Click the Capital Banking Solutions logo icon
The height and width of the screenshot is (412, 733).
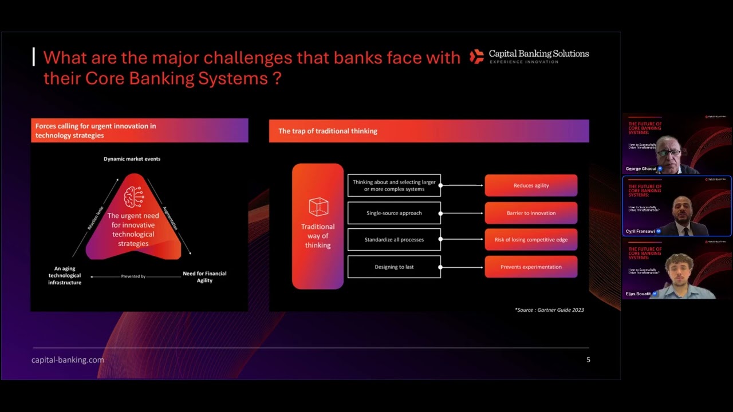(476, 56)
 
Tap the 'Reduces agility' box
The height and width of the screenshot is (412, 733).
(531, 185)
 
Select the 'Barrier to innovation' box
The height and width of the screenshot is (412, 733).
(531, 213)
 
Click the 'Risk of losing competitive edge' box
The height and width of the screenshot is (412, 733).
(531, 240)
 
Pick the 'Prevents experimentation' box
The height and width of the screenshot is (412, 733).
(531, 267)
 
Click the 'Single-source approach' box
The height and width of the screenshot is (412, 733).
(394, 213)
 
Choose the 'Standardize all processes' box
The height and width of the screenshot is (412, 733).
(394, 240)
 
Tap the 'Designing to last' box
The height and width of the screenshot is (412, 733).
(394, 267)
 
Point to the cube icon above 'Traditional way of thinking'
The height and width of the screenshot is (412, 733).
(318, 207)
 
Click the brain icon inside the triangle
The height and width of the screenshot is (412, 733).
(133, 197)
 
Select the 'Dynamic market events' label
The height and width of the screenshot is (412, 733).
(132, 159)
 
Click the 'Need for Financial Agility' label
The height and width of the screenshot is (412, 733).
(204, 277)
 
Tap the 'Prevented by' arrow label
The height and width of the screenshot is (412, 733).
(133, 276)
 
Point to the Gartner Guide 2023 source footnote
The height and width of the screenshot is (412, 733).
(549, 310)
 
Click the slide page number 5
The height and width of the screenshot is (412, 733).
(588, 360)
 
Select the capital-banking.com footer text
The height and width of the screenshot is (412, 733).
(68, 360)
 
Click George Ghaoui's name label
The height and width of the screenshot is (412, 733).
(641, 169)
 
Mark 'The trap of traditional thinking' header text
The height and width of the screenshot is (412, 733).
(328, 131)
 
